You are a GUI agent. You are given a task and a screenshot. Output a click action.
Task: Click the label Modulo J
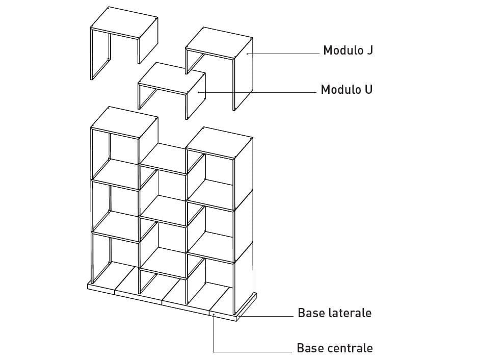click(x=348, y=50)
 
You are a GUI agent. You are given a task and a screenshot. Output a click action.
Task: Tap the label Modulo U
click(x=346, y=90)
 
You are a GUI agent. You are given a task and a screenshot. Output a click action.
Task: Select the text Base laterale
click(x=334, y=313)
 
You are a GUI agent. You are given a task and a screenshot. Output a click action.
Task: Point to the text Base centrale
click(x=334, y=348)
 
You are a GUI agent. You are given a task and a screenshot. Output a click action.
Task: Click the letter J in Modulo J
click(x=369, y=50)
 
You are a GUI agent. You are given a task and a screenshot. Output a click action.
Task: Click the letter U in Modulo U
click(x=368, y=90)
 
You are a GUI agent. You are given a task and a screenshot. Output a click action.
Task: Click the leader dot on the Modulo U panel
click(x=199, y=92)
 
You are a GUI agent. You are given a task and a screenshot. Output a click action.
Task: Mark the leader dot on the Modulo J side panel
click(x=247, y=53)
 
